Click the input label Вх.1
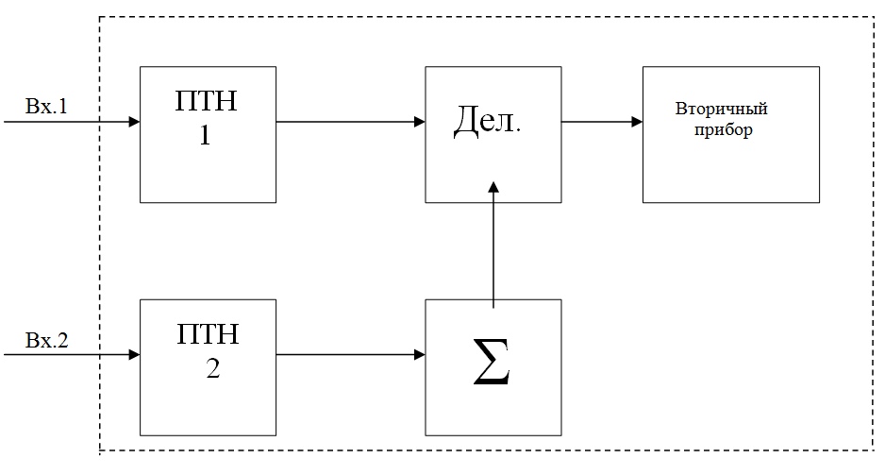tap(46, 106)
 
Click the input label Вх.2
tap(46, 340)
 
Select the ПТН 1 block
tap(208, 134)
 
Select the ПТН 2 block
tap(208, 367)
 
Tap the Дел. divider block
tap(493, 134)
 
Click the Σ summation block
tap(493, 367)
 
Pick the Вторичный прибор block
tap(731, 134)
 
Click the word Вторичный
tap(722, 108)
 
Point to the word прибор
tap(723, 130)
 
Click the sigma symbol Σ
tap(492, 362)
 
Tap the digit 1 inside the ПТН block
tap(205, 135)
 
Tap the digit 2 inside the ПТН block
tap(213, 369)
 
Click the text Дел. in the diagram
tap(487, 120)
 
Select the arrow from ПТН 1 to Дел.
tap(350, 122)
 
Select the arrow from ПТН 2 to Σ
tap(350, 355)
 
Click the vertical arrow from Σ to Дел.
tap(493, 245)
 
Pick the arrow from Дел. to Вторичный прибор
tap(602, 122)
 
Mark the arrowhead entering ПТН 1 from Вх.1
tap(134, 122)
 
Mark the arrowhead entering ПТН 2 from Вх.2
tap(134, 355)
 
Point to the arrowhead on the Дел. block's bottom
tap(493, 188)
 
